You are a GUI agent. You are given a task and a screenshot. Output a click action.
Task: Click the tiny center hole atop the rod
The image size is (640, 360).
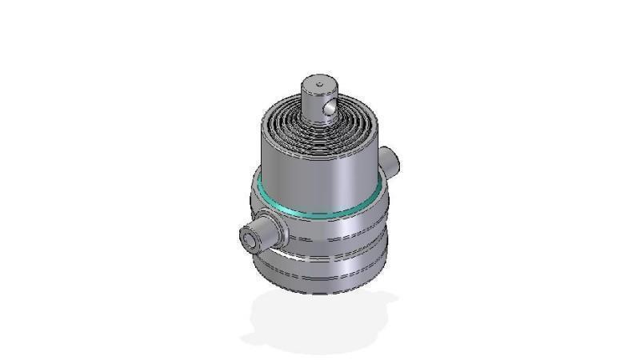(318, 82)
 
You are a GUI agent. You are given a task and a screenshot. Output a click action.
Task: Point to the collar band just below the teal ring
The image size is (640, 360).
(336, 228)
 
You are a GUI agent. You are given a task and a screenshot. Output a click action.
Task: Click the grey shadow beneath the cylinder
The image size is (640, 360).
(320, 324)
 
